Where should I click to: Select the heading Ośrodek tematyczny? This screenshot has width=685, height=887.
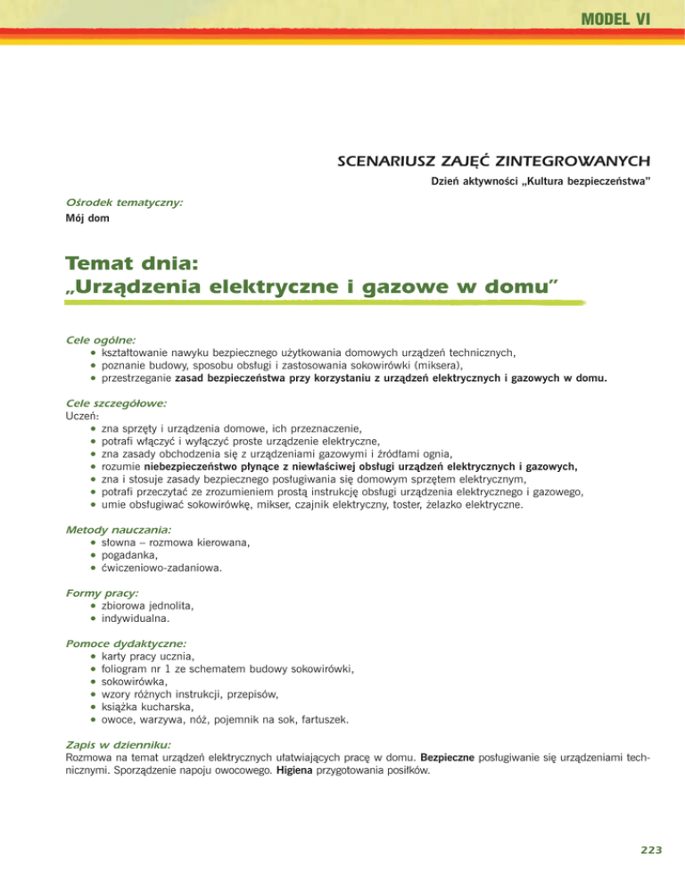123,203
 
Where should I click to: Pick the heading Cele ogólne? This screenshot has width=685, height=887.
101,340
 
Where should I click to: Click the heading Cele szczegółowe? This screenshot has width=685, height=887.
117,403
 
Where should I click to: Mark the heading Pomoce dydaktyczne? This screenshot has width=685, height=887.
126,642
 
